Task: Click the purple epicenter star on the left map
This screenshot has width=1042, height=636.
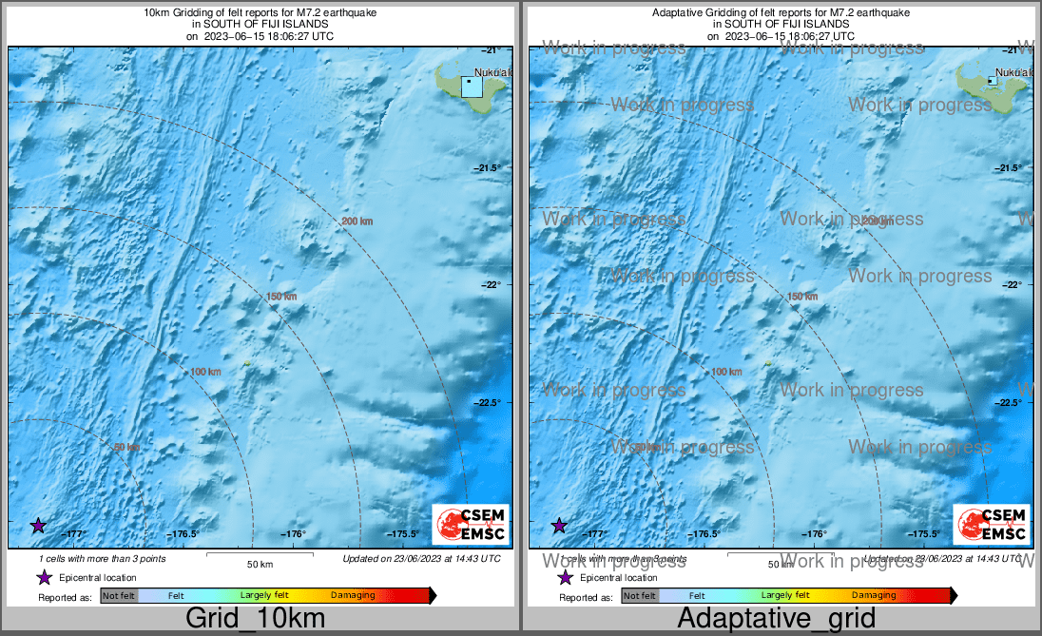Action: [x=38, y=525]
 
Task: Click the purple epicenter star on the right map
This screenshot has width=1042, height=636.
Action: [x=560, y=525]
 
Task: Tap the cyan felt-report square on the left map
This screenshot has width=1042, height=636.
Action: [x=472, y=86]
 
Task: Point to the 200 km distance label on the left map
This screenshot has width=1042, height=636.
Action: [x=357, y=222]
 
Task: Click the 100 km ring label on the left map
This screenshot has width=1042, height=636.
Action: [x=205, y=372]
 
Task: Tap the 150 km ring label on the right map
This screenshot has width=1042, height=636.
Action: [x=802, y=298]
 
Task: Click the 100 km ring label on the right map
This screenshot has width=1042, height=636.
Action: [x=726, y=372]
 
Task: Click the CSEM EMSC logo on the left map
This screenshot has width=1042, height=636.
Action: [x=470, y=524]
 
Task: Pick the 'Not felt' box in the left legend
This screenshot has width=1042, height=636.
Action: [x=119, y=596]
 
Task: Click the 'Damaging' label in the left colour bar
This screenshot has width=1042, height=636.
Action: [x=352, y=595]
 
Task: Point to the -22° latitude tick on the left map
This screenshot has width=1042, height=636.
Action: [x=488, y=285]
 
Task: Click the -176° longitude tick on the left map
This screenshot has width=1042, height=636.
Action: [x=296, y=534]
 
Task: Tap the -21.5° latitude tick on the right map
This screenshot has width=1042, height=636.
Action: [x=1009, y=168]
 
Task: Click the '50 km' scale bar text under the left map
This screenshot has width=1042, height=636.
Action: [x=260, y=564]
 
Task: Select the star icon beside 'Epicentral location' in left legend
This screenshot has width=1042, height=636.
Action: [x=44, y=577]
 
